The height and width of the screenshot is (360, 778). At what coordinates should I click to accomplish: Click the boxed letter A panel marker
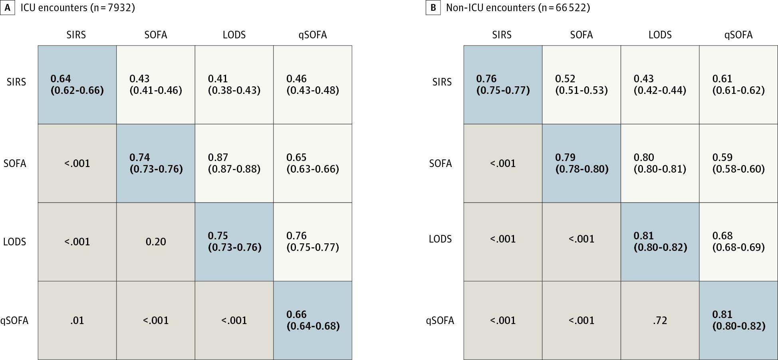coord(7,8)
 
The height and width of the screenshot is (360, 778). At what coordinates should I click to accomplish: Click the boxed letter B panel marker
coord(433,8)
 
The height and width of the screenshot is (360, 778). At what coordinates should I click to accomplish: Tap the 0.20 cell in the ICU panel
coord(156,242)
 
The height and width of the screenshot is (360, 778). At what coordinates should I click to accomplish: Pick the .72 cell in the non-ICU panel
coord(660,320)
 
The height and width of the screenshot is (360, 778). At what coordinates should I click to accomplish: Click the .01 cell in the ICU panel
coord(77,320)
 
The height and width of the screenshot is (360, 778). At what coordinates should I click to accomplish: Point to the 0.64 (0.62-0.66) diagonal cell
coord(77,85)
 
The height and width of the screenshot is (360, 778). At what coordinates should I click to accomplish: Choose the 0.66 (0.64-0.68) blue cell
coord(313,320)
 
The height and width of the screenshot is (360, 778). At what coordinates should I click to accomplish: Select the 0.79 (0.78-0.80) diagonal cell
coord(582,163)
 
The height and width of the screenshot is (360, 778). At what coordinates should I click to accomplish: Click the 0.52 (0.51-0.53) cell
coord(582,85)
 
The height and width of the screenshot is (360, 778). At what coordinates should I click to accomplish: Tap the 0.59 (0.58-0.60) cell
coord(738,163)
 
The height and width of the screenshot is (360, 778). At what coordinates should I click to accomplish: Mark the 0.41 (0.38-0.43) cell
coord(234,85)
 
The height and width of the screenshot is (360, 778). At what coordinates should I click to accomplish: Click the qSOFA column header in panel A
coord(313,35)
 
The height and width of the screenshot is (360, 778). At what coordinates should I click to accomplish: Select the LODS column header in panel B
coord(660,35)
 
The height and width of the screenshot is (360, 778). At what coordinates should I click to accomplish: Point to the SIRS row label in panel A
coord(16,82)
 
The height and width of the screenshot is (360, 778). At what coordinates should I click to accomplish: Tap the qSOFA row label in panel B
coord(440,321)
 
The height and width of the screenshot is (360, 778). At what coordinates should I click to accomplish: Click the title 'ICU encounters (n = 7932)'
coord(78,8)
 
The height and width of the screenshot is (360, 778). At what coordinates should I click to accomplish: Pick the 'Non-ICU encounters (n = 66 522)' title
coord(518,8)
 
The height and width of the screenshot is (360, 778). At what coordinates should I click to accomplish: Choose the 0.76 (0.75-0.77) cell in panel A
coord(313,242)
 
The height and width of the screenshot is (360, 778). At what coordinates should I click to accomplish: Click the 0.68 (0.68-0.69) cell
coord(738,242)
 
